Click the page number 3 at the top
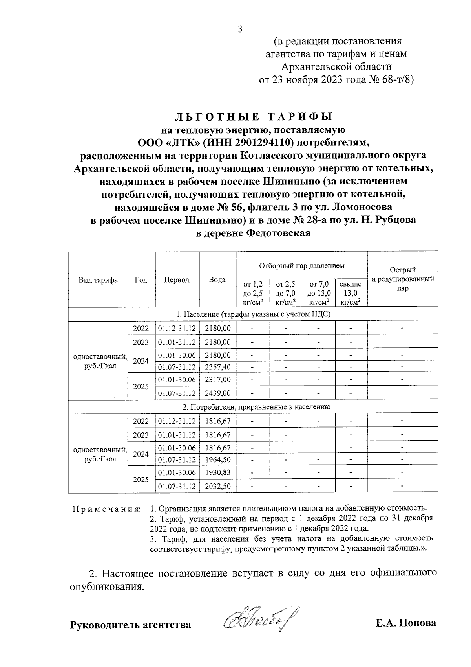240,29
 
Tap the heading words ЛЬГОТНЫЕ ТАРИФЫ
253,117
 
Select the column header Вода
217,280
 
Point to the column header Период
177,280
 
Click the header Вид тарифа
98,280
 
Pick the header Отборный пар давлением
301,266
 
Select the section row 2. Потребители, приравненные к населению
253,407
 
